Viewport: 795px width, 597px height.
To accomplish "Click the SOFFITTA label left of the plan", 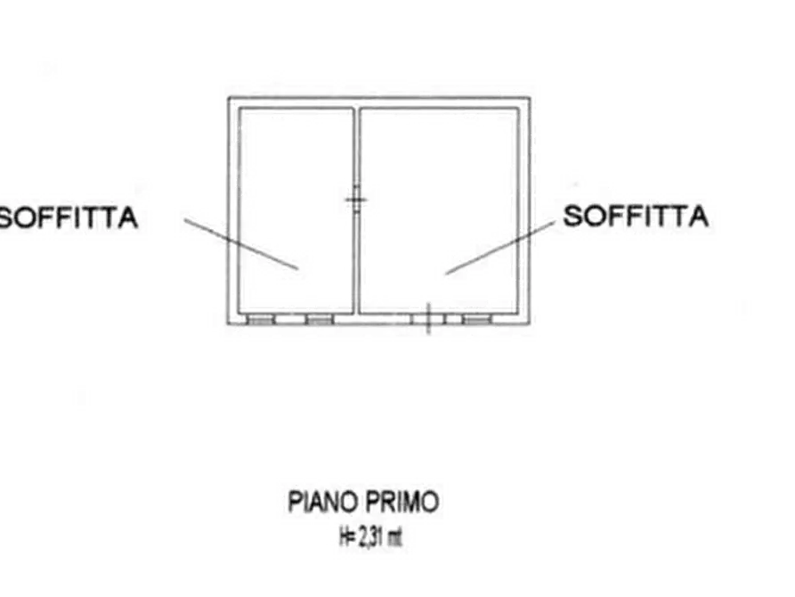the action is click(x=69, y=217).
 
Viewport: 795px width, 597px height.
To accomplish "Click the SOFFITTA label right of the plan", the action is click(x=636, y=216).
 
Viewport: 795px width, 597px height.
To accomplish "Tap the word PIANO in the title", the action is click(x=323, y=502).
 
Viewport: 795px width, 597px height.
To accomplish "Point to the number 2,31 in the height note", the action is click(x=370, y=537).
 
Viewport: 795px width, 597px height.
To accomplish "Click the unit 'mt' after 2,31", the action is click(x=394, y=537).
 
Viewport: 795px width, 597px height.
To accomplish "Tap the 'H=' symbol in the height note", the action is click(x=347, y=537).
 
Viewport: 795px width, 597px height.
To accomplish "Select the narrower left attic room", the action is click(x=296, y=210).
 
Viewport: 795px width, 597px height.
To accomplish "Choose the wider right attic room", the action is click(x=439, y=210).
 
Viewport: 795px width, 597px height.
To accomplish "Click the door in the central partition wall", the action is click(x=356, y=200).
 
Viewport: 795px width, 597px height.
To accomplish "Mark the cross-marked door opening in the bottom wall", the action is click(x=428, y=319).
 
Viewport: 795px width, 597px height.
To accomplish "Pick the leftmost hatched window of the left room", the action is click(x=261, y=319).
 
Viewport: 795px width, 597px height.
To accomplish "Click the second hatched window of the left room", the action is click(x=320, y=319).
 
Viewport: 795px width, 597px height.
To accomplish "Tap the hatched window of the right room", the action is click(x=477, y=319).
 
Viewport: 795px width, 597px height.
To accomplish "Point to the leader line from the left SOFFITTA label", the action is click(x=241, y=244).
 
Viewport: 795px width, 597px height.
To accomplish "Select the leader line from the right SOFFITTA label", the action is click(x=500, y=248).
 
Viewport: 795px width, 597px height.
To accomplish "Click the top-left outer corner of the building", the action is click(x=228, y=97).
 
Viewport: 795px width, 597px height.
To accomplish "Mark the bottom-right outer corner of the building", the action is click(x=531, y=323).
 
